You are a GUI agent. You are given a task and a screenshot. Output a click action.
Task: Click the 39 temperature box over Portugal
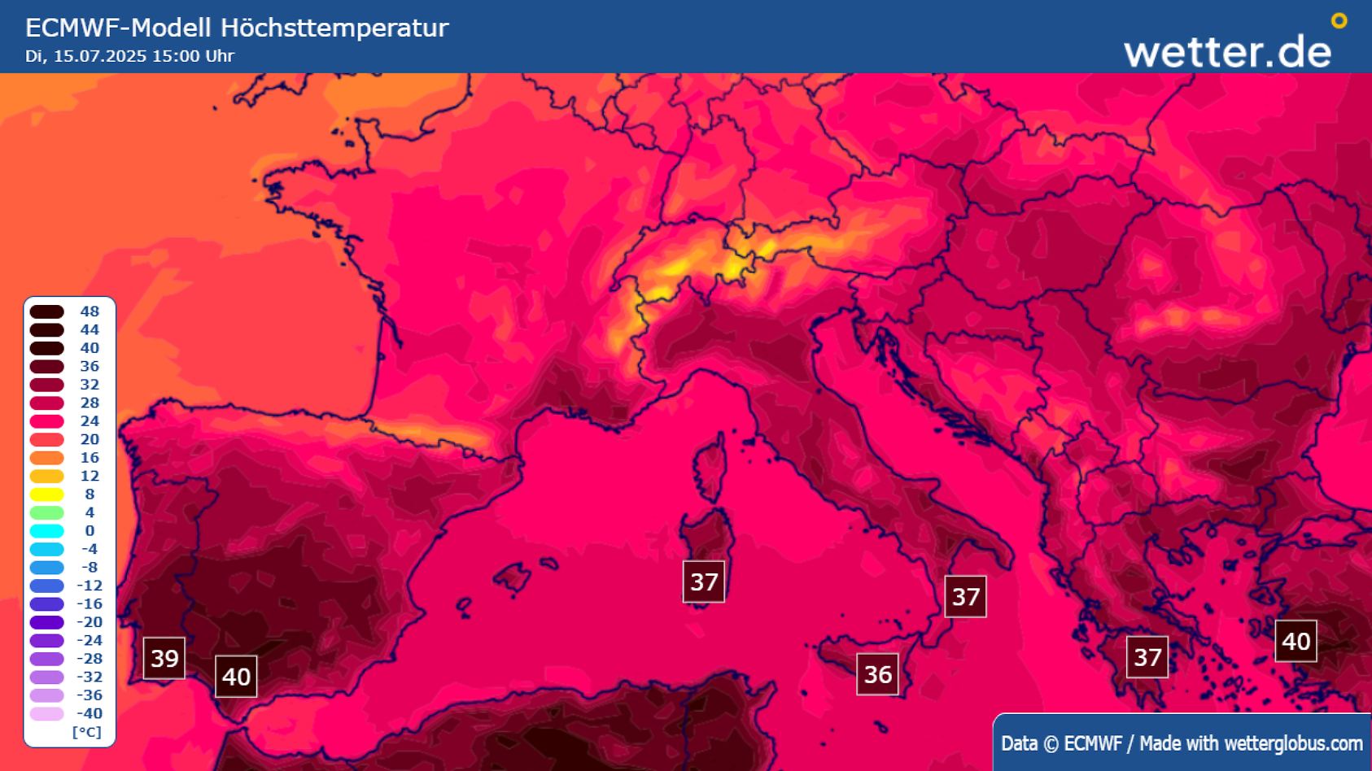click(164, 658)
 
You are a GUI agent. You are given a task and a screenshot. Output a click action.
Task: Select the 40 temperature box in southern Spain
click(236, 677)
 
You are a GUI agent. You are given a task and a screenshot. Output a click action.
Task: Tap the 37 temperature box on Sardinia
click(704, 582)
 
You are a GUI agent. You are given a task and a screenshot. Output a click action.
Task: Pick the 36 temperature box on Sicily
click(877, 674)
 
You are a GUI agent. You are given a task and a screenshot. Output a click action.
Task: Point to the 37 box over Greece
click(1147, 657)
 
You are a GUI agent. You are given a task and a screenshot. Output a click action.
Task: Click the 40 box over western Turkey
click(1296, 641)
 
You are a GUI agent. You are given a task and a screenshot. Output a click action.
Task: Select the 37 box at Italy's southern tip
click(965, 597)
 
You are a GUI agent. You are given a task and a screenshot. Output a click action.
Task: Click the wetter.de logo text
click(1227, 51)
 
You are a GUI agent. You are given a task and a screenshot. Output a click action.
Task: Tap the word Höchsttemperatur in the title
click(334, 28)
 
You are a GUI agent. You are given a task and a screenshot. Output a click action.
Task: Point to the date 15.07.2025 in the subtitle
click(100, 56)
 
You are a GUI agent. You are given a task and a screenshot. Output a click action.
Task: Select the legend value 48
click(90, 311)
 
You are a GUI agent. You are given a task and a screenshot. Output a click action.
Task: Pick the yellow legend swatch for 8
click(47, 494)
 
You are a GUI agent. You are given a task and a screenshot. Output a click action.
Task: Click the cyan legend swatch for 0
click(47, 531)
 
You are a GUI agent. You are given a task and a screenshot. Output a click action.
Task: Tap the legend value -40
click(89, 713)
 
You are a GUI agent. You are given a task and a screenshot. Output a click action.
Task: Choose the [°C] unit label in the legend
click(87, 732)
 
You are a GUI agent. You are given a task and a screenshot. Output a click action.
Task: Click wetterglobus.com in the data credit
click(1293, 743)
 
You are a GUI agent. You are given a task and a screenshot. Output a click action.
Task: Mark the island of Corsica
click(710, 472)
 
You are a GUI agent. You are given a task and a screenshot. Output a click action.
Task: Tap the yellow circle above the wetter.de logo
click(1339, 21)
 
